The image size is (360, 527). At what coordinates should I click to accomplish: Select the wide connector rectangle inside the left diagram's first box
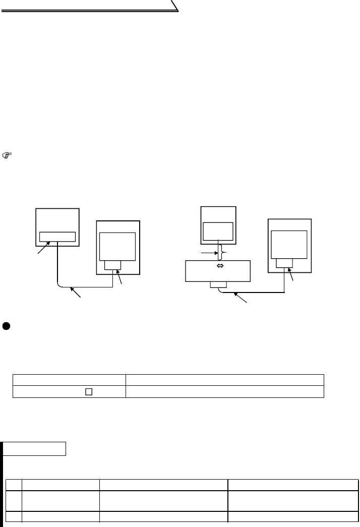57,237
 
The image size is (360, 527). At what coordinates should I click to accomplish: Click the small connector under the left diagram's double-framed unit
112,265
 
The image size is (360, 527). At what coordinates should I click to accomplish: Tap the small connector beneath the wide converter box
218,285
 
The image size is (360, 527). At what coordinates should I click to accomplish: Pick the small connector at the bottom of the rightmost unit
284,263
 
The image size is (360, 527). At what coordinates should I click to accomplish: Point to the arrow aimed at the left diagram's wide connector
42,249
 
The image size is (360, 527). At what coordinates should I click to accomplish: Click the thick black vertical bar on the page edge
2,484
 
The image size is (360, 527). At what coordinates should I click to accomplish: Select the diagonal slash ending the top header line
174,6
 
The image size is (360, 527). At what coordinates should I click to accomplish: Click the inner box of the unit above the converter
218,231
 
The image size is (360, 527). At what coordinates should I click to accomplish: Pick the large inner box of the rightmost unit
289,244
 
